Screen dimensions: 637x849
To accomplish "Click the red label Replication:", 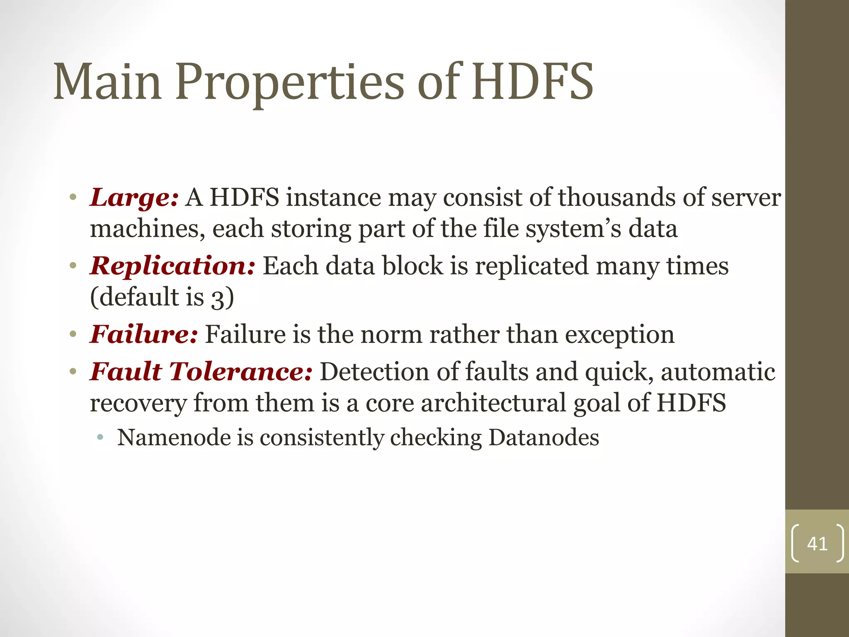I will click(x=172, y=266).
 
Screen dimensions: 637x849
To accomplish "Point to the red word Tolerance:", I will click(x=241, y=371).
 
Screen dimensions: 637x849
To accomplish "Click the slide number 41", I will click(x=817, y=544).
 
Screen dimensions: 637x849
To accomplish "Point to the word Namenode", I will click(x=174, y=438).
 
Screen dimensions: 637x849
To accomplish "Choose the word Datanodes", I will click(x=543, y=438).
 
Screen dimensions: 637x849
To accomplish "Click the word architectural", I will click(x=493, y=403).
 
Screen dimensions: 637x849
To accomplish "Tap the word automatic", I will click(x=718, y=371).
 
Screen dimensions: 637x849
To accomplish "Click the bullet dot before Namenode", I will click(x=100, y=438).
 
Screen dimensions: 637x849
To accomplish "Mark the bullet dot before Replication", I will click(x=73, y=266).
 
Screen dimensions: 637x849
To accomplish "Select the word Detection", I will click(x=375, y=371).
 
